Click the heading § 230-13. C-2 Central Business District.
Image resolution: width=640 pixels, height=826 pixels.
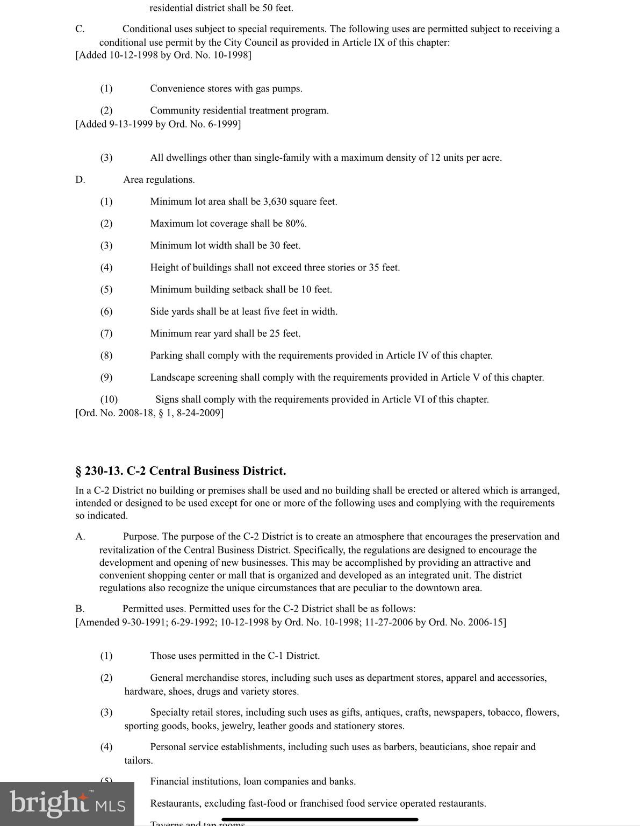click(x=181, y=471)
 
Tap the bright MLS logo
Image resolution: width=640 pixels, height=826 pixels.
click(x=67, y=804)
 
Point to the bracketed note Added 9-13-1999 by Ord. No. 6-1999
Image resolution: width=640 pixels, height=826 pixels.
click(x=158, y=124)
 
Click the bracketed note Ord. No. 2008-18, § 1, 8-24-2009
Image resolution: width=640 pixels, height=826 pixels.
click(x=149, y=413)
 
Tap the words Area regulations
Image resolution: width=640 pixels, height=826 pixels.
click(x=159, y=180)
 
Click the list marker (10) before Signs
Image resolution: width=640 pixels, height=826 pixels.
click(x=109, y=400)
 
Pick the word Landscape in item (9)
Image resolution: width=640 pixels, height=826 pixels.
click(x=172, y=378)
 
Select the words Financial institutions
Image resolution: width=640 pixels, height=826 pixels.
click(x=195, y=781)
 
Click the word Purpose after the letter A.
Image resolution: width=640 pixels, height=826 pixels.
click(x=140, y=537)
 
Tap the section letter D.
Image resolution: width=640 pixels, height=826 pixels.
click(x=80, y=180)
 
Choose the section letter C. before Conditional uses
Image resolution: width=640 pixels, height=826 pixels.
click(x=80, y=29)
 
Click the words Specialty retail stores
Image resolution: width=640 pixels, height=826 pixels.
click(x=196, y=713)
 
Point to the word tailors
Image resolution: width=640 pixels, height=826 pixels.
click(x=138, y=760)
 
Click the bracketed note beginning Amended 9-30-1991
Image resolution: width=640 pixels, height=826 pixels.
click(x=290, y=623)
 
